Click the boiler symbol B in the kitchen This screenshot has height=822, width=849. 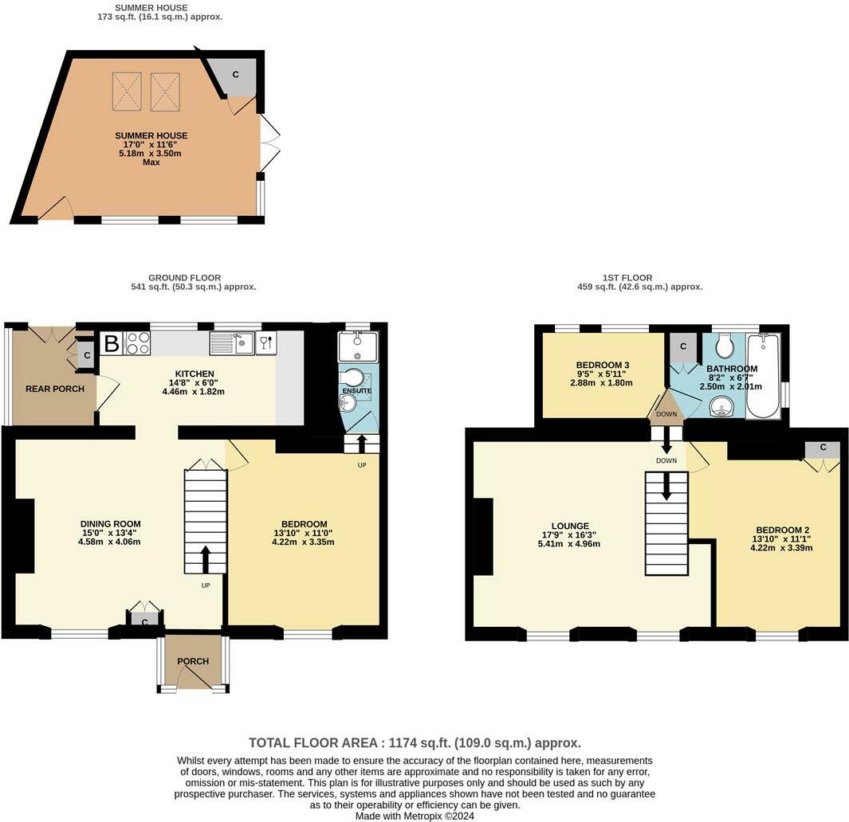[x=112, y=344]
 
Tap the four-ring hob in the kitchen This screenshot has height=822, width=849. [x=138, y=343]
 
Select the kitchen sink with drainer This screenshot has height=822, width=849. [x=231, y=343]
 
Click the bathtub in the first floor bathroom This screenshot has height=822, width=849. [x=764, y=374]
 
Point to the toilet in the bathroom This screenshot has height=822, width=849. [x=725, y=345]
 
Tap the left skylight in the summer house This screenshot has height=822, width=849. [x=127, y=91]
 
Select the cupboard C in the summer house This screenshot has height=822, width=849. [x=236, y=75]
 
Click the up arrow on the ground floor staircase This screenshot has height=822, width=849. [x=206, y=559]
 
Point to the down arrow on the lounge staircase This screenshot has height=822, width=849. [x=666, y=487]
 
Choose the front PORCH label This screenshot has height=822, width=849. [x=193, y=661]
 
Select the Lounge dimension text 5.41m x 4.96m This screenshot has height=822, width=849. [x=568, y=544]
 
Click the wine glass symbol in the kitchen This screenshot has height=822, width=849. [x=265, y=343]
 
